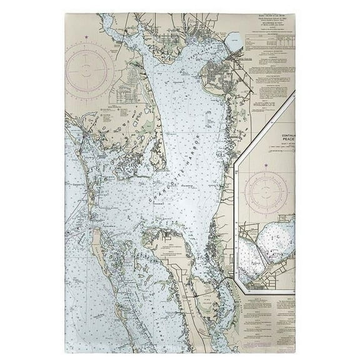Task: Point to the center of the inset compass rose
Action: [266, 190]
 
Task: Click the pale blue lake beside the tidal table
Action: [235, 42]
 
